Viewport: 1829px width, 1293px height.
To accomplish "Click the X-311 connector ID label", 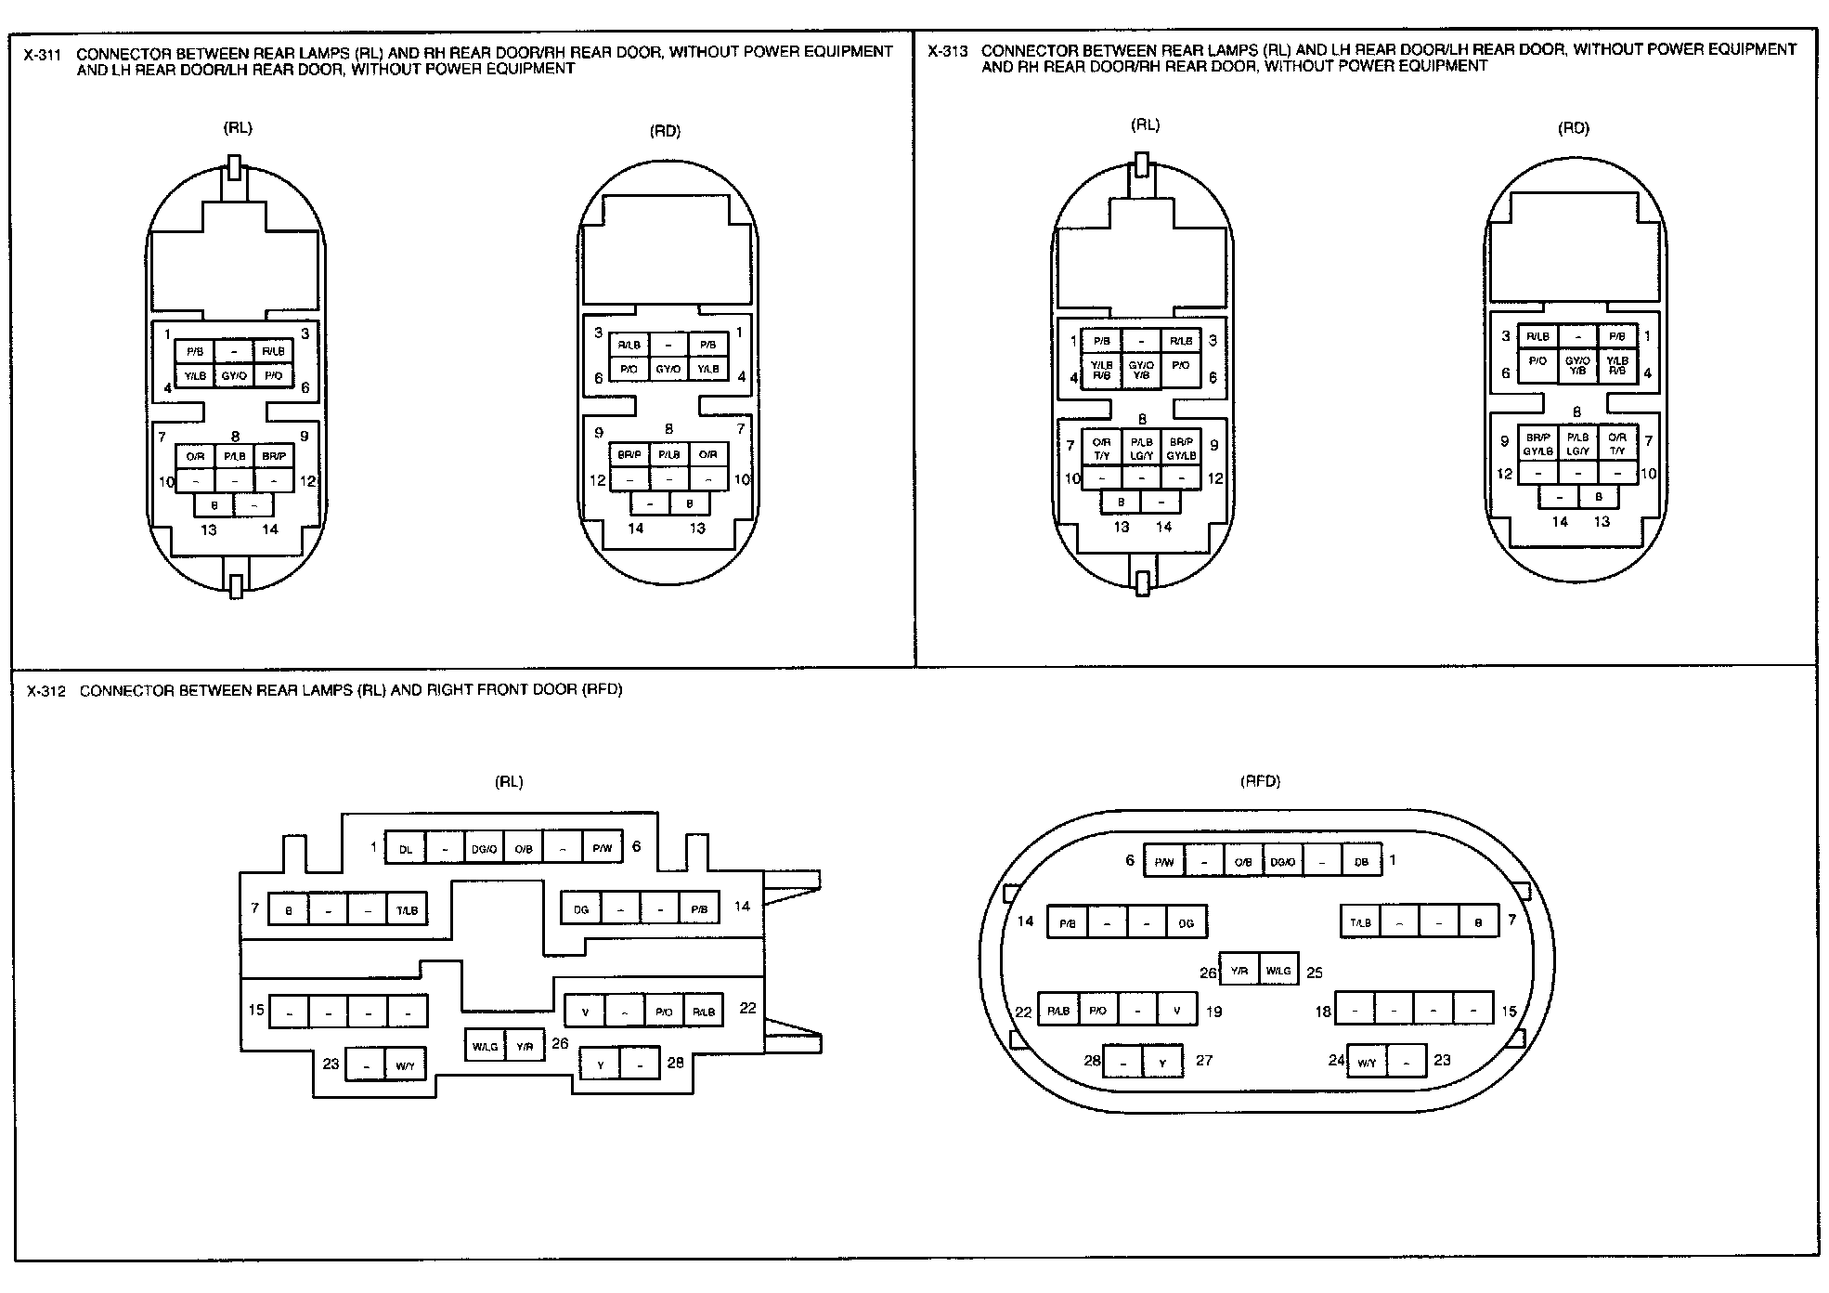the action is pyautogui.click(x=43, y=55).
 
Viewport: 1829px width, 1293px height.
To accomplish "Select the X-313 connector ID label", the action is pyautogui.click(x=947, y=51).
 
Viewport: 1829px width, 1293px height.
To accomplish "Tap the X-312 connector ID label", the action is pyautogui.click(x=46, y=691).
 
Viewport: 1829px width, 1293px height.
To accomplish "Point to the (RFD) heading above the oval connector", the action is pyautogui.click(x=1260, y=781).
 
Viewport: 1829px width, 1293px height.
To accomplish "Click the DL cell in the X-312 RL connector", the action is pyautogui.click(x=406, y=848).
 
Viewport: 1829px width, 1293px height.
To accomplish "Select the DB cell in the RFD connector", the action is pyautogui.click(x=1361, y=862).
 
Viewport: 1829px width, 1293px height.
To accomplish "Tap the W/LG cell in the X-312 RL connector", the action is pyautogui.click(x=486, y=1046).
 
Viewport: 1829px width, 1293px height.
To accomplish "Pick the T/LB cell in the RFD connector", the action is pyautogui.click(x=1360, y=922).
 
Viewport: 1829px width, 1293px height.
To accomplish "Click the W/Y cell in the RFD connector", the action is pyautogui.click(x=1367, y=1063).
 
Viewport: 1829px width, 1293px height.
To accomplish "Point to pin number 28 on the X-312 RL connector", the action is pyautogui.click(x=675, y=1062).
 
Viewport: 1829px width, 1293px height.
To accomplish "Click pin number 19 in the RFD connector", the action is pyautogui.click(x=1213, y=1012).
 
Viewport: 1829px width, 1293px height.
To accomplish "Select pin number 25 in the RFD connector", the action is pyautogui.click(x=1314, y=973).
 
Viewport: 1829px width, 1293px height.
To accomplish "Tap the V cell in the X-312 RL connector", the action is pyautogui.click(x=585, y=1012).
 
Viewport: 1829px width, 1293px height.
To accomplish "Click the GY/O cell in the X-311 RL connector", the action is pyautogui.click(x=234, y=376).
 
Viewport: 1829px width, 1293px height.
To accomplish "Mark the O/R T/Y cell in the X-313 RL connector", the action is pyautogui.click(x=1101, y=449).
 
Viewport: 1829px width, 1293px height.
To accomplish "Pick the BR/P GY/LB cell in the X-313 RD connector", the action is pyautogui.click(x=1537, y=444).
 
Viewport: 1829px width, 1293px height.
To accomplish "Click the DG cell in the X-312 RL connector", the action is pyautogui.click(x=581, y=909).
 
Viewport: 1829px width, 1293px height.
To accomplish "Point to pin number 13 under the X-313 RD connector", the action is pyautogui.click(x=1602, y=522).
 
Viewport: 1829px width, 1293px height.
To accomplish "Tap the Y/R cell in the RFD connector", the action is pyautogui.click(x=1239, y=972).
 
